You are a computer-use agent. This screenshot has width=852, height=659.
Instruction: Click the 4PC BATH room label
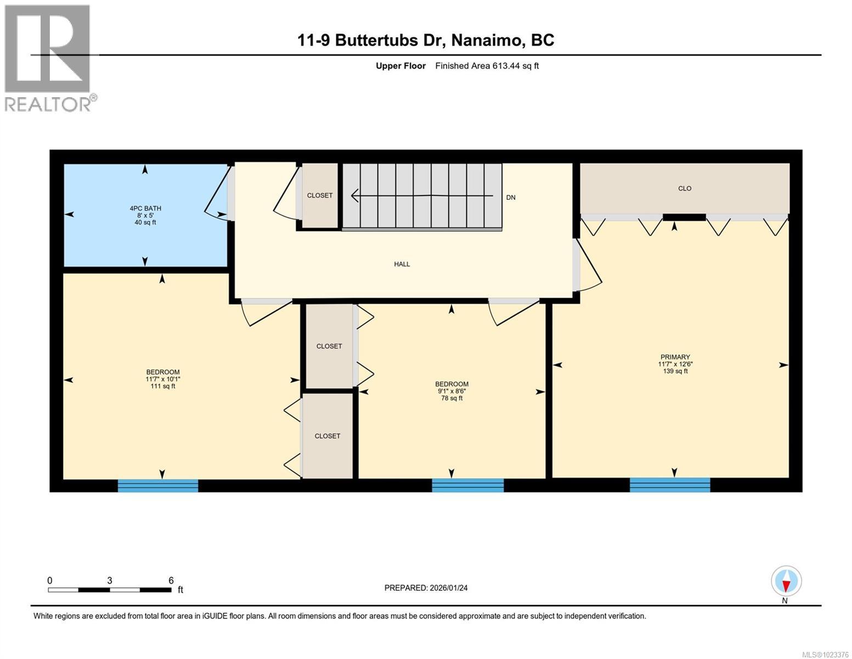[145, 208]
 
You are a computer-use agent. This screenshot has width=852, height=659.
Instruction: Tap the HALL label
[402, 264]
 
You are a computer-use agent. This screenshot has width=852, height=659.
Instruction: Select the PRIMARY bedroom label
[675, 357]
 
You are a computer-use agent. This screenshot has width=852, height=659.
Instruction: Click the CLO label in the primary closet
[684, 188]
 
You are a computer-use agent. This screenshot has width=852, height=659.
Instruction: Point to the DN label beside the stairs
[510, 198]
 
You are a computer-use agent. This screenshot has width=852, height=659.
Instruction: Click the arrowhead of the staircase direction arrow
[355, 196]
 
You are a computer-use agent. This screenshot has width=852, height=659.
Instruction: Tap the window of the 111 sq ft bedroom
[158, 485]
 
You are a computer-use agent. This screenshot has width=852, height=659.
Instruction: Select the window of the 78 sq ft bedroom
[467, 485]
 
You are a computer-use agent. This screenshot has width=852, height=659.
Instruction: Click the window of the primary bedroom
[669, 485]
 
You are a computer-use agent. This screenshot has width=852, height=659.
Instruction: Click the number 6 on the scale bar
[171, 580]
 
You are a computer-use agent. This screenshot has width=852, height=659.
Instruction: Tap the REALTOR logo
[48, 58]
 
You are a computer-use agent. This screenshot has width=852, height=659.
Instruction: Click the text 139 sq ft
[675, 371]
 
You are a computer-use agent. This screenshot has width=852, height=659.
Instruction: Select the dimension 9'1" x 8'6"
[452, 391]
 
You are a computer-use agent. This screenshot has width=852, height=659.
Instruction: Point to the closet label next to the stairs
[319, 196]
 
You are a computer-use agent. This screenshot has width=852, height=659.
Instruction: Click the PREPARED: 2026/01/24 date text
[426, 588]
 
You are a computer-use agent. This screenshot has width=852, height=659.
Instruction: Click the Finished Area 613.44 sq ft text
[487, 66]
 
